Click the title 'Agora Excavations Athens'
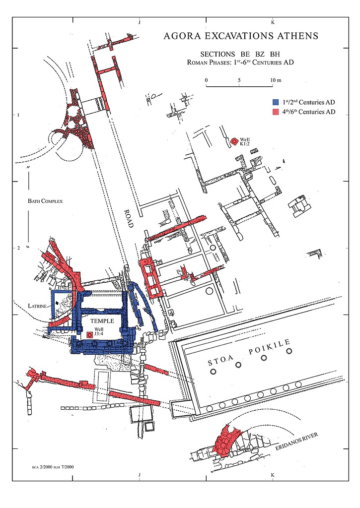(241, 36)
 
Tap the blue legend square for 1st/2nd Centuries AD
(276, 102)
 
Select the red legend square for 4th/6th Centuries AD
(276, 112)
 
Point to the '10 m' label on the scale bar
(276, 80)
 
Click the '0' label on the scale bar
(206, 80)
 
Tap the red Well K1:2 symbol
(234, 141)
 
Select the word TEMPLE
(102, 321)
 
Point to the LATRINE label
(37, 306)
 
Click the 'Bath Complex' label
(45, 201)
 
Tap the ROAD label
(129, 218)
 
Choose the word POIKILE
(270, 347)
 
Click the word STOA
(220, 360)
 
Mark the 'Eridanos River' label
(297, 441)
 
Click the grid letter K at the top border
(273, 22)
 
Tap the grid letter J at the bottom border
(140, 475)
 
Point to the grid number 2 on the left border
(18, 248)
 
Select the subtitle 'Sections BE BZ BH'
(240, 54)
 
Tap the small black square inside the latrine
(57, 303)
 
